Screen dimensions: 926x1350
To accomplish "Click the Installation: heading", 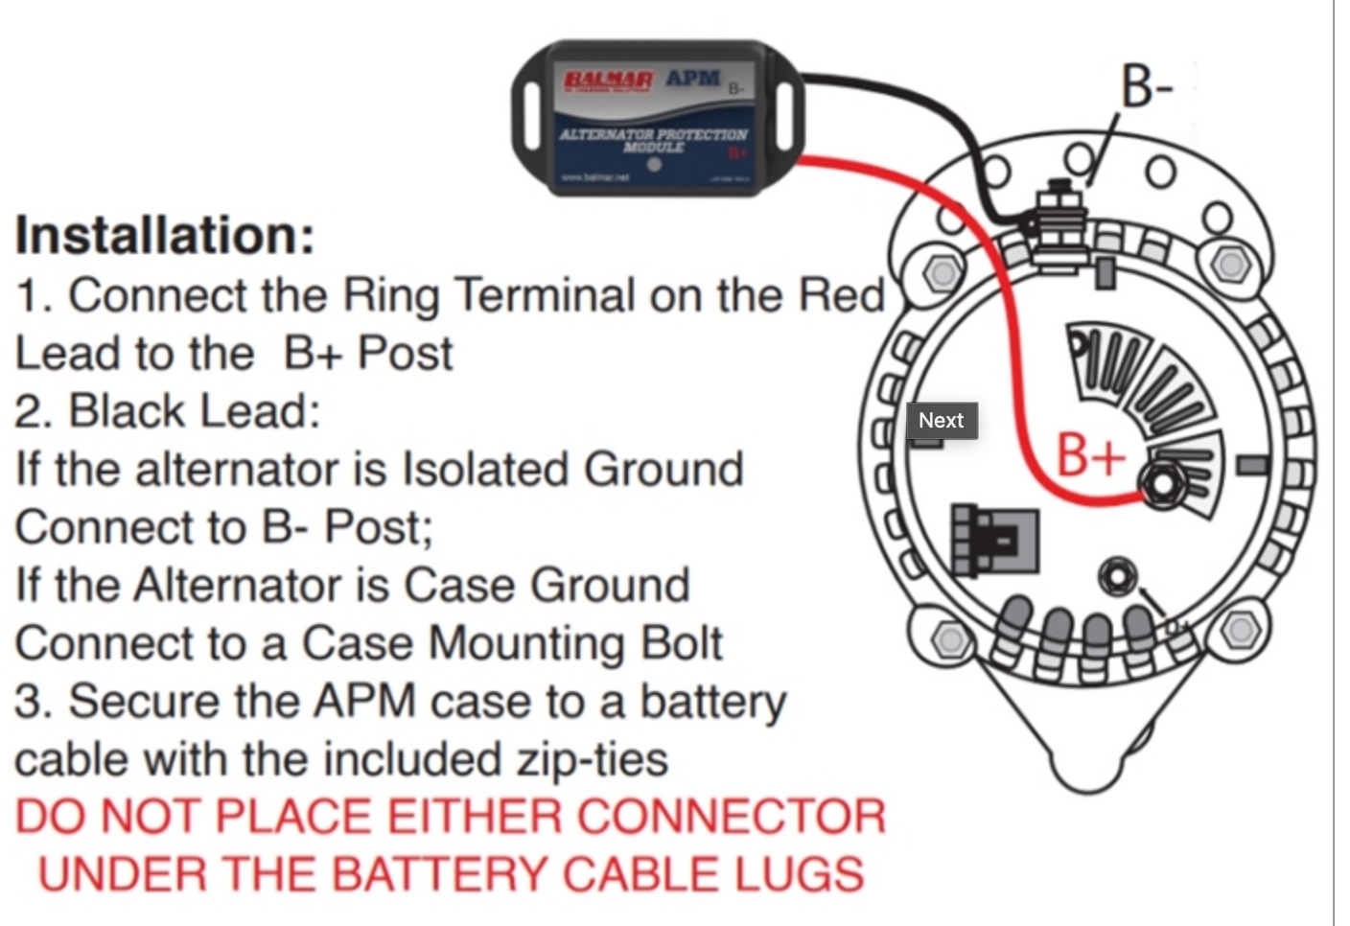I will [165, 235].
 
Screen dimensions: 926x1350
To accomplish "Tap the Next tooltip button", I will [941, 421].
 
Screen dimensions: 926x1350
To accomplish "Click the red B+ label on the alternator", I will [1090, 454].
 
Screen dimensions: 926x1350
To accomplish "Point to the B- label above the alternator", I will [1147, 86].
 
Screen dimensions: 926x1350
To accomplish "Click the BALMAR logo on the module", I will [607, 81].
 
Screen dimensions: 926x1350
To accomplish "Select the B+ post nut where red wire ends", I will [1161, 483].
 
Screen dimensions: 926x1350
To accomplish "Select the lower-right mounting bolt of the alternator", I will [1241, 630].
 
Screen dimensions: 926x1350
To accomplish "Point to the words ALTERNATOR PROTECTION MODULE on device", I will [653, 140].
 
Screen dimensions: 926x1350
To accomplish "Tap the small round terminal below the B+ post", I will [1116, 577].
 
